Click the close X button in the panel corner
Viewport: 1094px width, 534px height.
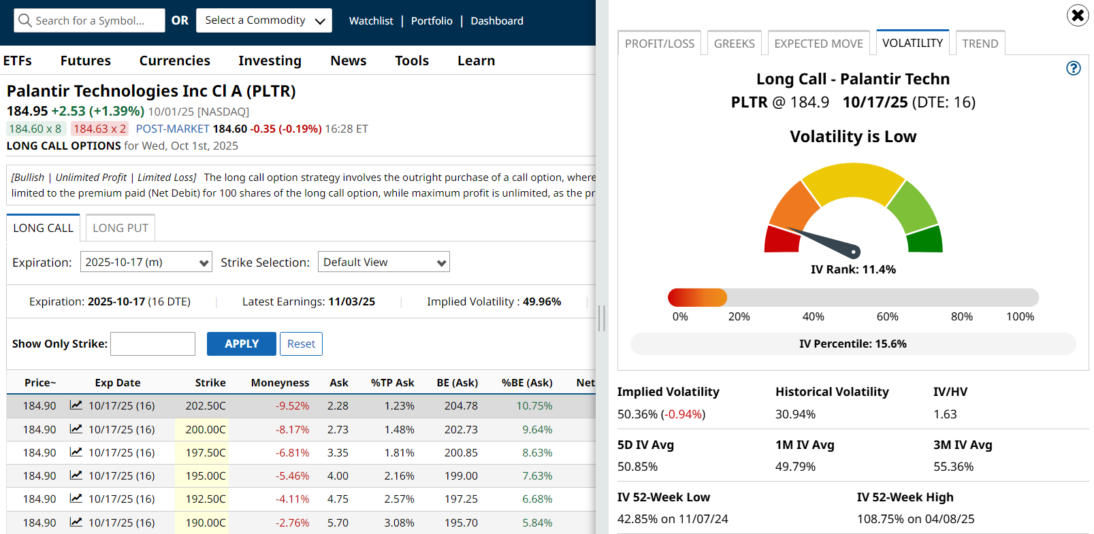pyautogui.click(x=1078, y=15)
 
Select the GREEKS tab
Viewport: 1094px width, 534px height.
pyautogui.click(x=734, y=44)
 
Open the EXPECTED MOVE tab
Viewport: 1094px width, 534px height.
pyautogui.click(x=818, y=44)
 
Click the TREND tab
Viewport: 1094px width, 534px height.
pyautogui.click(x=980, y=44)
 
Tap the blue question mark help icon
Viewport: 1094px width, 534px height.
pyautogui.click(x=1074, y=68)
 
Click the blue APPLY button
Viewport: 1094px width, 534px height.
pyautogui.click(x=242, y=344)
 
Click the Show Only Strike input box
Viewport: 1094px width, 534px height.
pyautogui.click(x=153, y=344)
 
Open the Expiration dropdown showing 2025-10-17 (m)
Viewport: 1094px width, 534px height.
pyautogui.click(x=146, y=262)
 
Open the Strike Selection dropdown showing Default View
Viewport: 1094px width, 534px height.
pyautogui.click(x=383, y=262)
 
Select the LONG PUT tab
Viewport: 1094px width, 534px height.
pyautogui.click(x=120, y=228)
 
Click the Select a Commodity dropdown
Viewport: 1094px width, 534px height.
pyautogui.click(x=264, y=20)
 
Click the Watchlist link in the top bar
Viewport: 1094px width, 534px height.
pyautogui.click(x=371, y=21)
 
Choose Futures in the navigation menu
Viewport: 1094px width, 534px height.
pyautogui.click(x=86, y=61)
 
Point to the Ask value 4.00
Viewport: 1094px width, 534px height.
pyautogui.click(x=338, y=475)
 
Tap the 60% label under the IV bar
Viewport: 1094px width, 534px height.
pyautogui.click(x=887, y=316)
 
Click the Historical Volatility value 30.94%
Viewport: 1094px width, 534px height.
pyautogui.click(x=795, y=414)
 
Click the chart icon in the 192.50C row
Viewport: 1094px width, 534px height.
pyautogui.click(x=76, y=499)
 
